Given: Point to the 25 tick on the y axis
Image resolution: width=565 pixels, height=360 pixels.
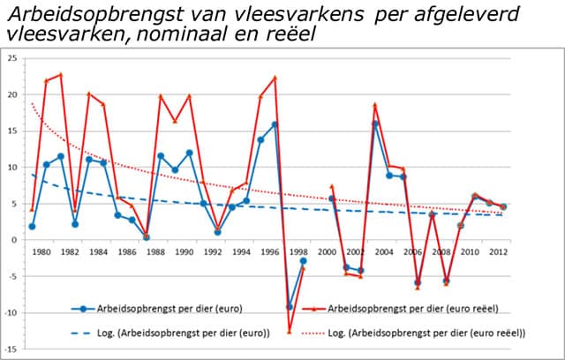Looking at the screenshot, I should click(11, 58).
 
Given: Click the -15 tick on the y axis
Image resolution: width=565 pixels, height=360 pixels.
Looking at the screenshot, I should click(11, 348).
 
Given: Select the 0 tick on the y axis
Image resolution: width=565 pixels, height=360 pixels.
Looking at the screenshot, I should click(13, 239).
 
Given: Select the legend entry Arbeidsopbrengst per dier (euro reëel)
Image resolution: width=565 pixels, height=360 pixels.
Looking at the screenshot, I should click(403, 309).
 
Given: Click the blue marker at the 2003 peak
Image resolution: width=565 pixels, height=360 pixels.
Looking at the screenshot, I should click(375, 124).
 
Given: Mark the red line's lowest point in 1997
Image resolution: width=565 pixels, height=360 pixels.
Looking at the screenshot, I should click(289, 332).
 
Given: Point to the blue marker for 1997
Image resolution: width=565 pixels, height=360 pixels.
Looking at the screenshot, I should click(289, 306).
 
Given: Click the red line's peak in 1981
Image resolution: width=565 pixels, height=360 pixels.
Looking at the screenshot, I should click(60, 75).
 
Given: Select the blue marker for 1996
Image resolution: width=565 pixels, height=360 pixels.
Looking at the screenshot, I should click(275, 124).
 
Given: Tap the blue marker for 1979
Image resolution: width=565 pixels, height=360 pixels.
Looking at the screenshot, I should click(32, 226).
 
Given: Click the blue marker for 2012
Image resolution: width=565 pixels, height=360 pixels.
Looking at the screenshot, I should click(503, 206).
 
